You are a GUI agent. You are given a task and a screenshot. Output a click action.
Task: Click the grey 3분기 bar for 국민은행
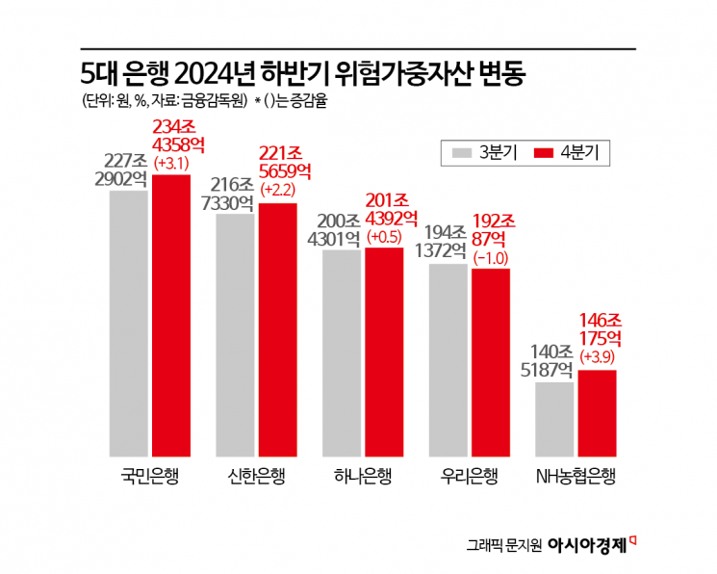[129, 323]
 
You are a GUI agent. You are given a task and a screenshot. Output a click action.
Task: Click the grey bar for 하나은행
[342, 352]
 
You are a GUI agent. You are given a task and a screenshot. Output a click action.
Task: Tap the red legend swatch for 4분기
[548, 152]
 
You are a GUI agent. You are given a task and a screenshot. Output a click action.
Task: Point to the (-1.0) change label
[490, 258]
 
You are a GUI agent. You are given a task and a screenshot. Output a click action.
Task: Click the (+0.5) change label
[386, 236]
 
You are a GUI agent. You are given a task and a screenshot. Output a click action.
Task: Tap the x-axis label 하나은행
[363, 476]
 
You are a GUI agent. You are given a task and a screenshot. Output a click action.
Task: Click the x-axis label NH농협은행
[575, 476]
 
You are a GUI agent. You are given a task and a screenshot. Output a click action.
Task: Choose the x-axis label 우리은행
[469, 476]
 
